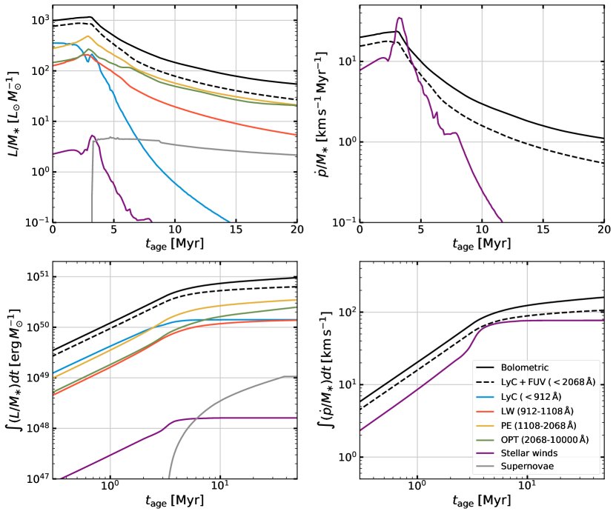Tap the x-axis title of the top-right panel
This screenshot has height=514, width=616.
[x=481, y=244]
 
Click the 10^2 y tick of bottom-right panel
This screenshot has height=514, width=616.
[x=341, y=312]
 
